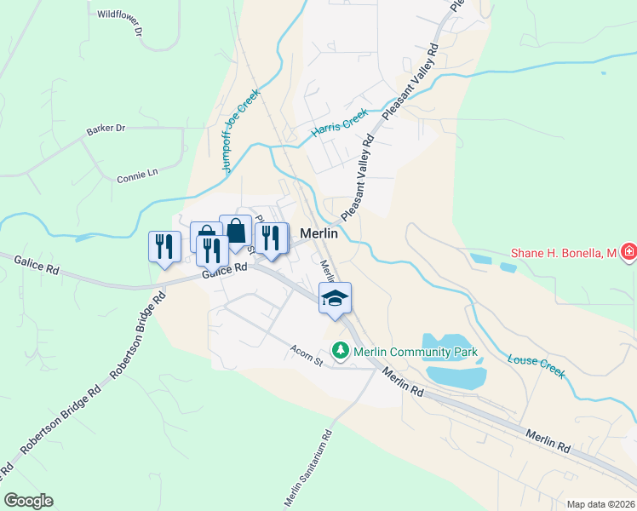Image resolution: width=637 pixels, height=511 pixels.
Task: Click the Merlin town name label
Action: coord(320,233)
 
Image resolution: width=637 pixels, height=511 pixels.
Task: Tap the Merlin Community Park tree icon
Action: coord(340,351)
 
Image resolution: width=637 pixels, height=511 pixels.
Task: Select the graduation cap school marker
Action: coord(335,298)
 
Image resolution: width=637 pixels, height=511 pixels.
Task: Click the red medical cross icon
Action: coord(628,253)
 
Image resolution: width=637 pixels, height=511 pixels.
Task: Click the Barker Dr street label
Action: coord(106,129)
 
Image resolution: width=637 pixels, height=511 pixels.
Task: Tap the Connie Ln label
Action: coord(138,175)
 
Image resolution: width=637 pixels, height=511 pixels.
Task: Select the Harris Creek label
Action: coord(340,123)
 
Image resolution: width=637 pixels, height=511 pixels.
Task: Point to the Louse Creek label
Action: coord(537,366)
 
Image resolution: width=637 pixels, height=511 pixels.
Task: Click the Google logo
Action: coord(28,501)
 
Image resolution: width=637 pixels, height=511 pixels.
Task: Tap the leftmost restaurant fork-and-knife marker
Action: coord(162,247)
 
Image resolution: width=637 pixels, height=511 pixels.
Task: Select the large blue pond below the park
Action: coord(455,375)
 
